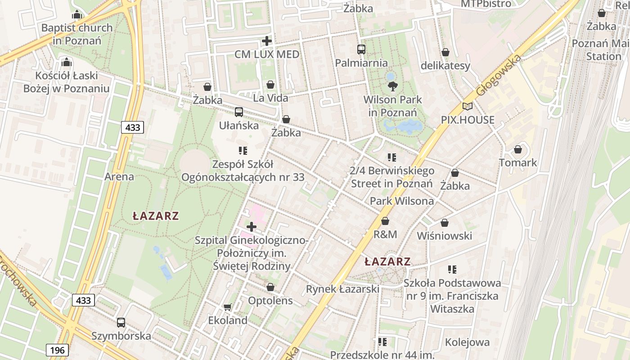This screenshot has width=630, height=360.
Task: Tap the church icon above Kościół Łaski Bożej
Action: (66, 62)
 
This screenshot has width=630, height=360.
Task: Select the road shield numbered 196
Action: (57, 350)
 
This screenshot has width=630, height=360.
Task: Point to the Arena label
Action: (119, 176)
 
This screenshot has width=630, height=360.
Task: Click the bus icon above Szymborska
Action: (121, 322)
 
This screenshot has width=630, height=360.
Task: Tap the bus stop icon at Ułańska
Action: (239, 112)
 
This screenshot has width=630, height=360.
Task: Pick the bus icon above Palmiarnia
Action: (361, 49)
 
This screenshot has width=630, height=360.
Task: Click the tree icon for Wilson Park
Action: (392, 86)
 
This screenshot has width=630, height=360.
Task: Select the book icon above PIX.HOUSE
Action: (468, 107)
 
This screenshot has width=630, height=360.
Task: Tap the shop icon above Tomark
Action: (518, 149)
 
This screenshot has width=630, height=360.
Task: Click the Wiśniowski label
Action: (444, 236)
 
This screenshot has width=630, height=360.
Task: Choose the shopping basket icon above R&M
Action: (385, 221)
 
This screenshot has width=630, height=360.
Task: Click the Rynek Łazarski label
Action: (342, 289)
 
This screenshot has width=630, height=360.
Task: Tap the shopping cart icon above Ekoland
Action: (228, 307)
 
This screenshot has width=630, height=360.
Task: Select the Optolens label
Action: (270, 300)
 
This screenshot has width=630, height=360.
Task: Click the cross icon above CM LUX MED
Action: (267, 41)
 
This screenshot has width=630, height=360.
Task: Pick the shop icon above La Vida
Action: (270, 84)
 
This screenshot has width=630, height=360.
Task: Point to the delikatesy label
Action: (445, 66)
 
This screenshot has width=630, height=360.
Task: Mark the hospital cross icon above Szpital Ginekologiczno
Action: (252, 226)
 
